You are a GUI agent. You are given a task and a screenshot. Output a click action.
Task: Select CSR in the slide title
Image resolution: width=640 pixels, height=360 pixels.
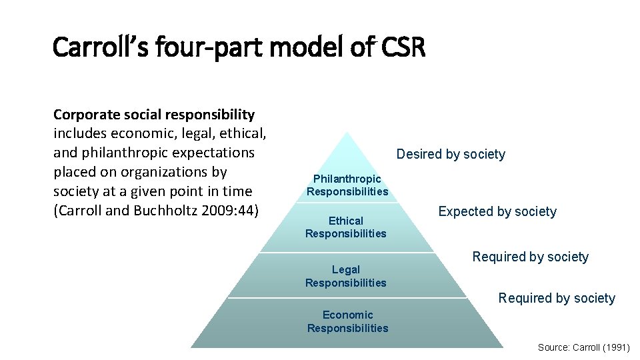tap(403, 47)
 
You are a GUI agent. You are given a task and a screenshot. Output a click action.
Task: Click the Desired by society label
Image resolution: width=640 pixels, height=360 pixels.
tap(451, 155)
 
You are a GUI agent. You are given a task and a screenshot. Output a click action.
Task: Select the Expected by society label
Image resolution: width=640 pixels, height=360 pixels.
tap(497, 212)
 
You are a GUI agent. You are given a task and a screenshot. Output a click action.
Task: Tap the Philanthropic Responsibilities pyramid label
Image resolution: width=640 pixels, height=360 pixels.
tap(347, 185)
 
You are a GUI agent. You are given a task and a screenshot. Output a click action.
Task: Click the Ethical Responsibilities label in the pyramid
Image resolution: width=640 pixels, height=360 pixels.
tap(346, 227)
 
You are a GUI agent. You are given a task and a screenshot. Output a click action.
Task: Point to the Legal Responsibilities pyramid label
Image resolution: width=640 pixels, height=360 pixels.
tap(346, 276)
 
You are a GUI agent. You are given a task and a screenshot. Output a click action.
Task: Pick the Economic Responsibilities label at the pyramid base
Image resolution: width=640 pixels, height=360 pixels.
tap(347, 321)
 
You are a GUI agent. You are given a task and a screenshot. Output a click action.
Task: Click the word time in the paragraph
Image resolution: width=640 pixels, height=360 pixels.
tap(237, 191)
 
